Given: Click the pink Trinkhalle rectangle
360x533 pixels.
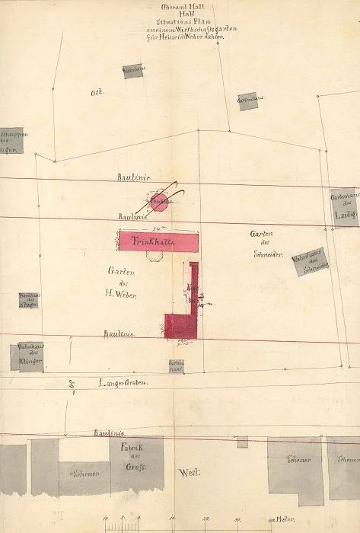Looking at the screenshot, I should (159, 241).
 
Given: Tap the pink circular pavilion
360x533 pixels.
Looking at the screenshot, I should (159, 202).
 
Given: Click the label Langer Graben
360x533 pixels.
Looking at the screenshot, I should (122, 382).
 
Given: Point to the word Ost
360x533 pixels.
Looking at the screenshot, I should (96, 92).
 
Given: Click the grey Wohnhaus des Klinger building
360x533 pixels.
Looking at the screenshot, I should (27, 356).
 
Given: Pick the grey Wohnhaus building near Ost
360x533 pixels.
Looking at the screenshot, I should (133, 71).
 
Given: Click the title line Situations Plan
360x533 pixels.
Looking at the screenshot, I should (180, 22).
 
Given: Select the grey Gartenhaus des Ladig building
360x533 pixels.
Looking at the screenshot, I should (343, 206).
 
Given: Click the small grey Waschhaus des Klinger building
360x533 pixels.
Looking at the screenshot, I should (29, 299).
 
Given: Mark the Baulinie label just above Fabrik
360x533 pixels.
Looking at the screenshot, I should (110, 432).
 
